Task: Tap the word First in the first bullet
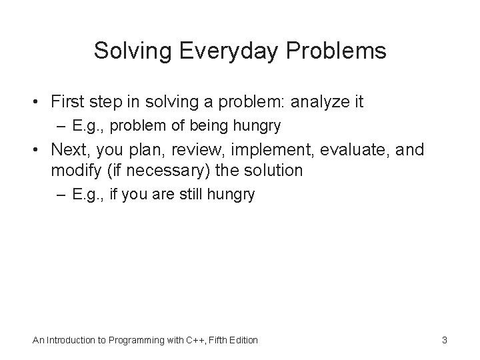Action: click(69, 102)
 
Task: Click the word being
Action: click(189, 125)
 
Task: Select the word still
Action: click(193, 195)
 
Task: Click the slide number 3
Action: click(444, 341)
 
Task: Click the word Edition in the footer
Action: click(242, 341)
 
